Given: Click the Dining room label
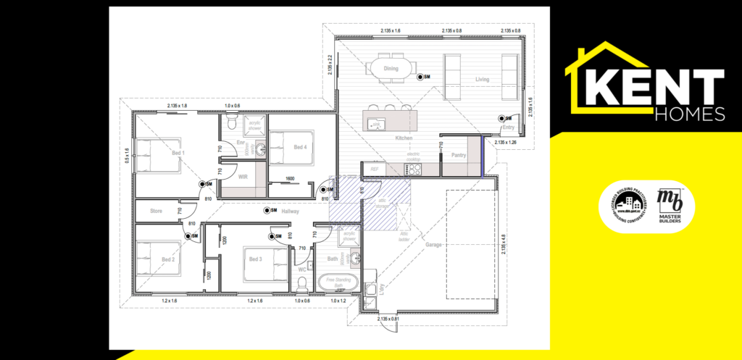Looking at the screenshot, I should coord(391,69).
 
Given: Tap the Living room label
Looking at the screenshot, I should coord(482,79).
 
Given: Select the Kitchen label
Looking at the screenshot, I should coord(404,137).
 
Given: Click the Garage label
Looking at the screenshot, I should coord(433,244).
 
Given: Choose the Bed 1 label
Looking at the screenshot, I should coord(178,153).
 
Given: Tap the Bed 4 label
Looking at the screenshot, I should coord(300,147).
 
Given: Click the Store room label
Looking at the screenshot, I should coord(156,211).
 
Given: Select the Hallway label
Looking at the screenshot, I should coord(291,211).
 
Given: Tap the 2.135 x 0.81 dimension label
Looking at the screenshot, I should coord(388,318).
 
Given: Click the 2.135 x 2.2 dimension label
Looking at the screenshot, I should coord(330,67).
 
